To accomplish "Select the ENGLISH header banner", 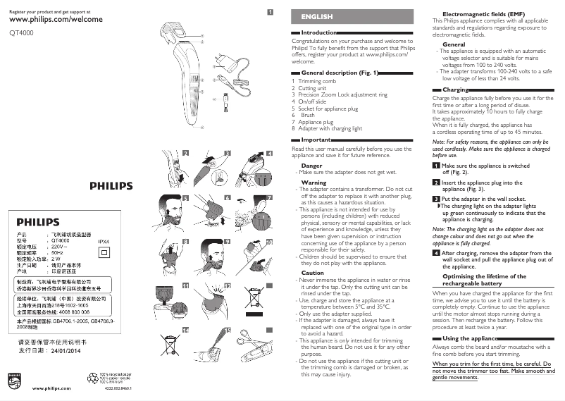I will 316,16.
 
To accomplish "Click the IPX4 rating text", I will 104,240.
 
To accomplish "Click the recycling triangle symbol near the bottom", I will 94,377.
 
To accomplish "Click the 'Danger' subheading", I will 311,165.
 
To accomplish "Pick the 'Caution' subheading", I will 313,273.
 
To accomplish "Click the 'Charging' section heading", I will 456,90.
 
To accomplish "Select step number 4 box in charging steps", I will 436,252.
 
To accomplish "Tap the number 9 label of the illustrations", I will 228,241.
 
